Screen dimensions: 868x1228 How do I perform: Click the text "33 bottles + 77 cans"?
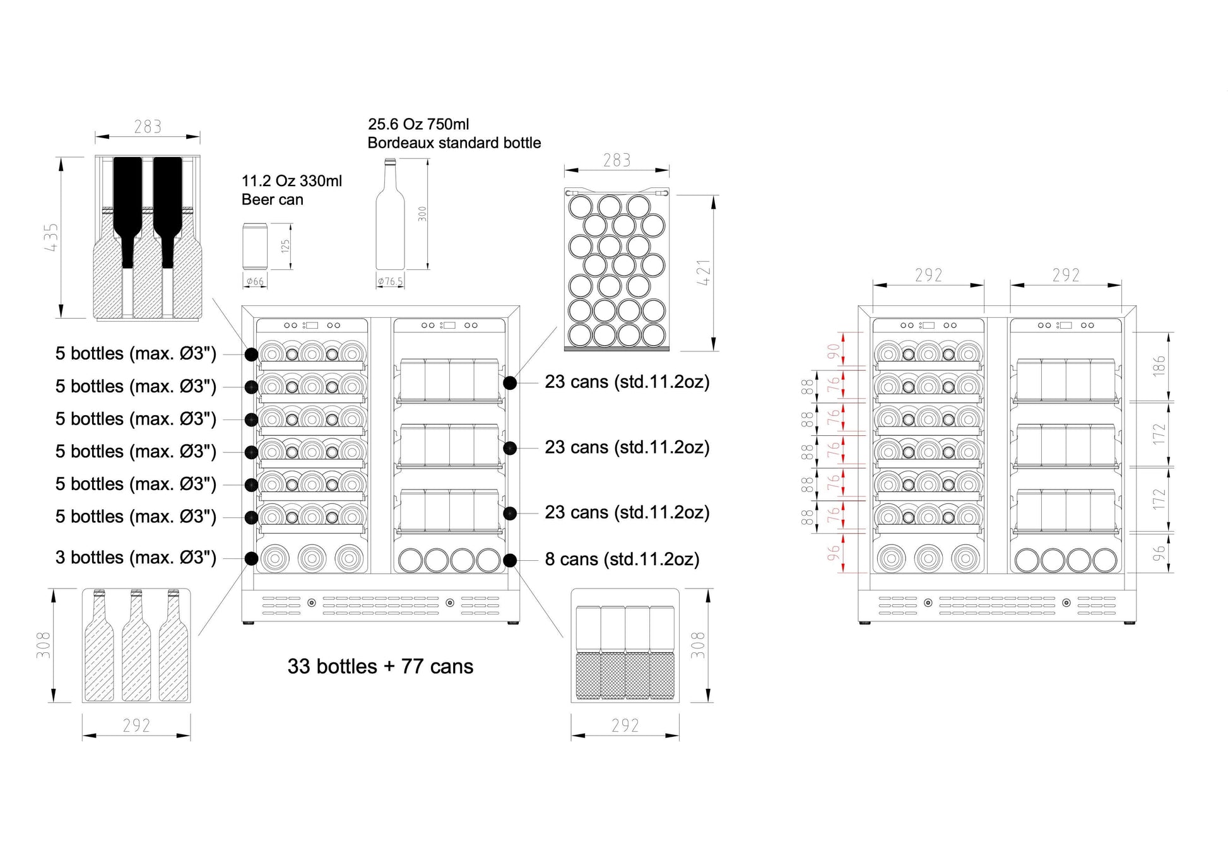click(380, 667)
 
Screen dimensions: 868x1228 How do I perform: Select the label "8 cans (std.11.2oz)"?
click(622, 560)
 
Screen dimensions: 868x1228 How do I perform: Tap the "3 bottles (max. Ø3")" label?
click(136, 558)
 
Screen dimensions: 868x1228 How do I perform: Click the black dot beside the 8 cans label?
click(510, 560)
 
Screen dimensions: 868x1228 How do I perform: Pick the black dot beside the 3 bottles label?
click(251, 558)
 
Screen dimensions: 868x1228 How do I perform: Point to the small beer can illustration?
click(255, 247)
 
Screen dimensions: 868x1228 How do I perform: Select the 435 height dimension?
click(51, 237)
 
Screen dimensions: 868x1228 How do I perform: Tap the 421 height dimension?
click(704, 273)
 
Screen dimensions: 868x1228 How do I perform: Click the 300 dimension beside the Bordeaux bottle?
click(422, 213)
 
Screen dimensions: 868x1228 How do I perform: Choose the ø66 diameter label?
click(255, 281)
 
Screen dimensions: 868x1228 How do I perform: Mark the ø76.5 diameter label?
click(390, 281)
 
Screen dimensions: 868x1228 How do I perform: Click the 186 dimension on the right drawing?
click(1159, 367)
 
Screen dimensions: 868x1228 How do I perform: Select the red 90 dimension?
click(834, 350)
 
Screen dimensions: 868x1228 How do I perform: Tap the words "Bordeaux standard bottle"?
click(454, 143)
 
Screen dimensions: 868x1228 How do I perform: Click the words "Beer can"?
click(272, 200)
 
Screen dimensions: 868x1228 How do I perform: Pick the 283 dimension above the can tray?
click(617, 161)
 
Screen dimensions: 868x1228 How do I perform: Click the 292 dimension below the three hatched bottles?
click(136, 726)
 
